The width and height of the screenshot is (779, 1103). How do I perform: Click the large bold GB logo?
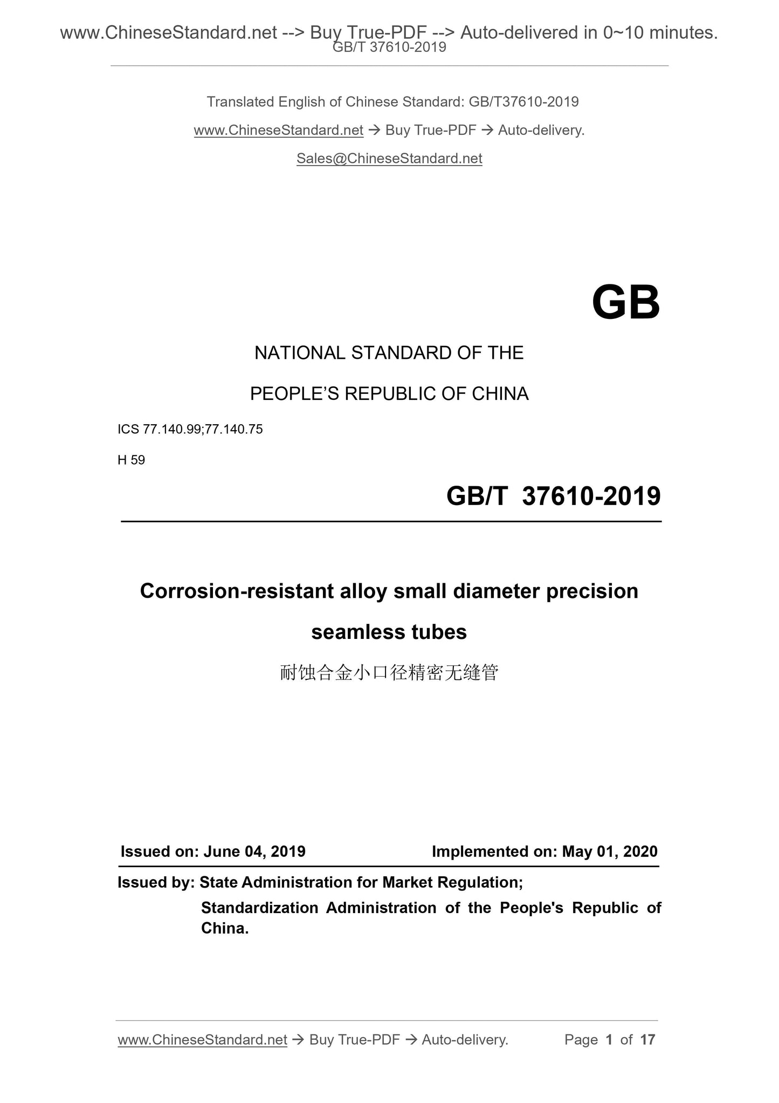625,303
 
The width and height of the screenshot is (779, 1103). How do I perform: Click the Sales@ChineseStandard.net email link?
389,159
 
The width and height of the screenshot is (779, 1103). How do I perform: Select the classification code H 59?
131,460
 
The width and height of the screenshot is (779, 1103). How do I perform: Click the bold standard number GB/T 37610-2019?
553,496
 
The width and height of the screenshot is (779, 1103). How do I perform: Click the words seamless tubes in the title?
389,632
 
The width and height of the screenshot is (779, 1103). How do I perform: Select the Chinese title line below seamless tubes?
389,673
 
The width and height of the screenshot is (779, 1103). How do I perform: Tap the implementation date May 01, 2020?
610,852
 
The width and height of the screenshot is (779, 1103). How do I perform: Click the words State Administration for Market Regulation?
361,882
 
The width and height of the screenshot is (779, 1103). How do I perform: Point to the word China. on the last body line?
225,928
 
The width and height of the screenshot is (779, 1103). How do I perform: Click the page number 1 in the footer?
609,1040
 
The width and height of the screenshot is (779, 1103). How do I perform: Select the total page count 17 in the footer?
647,1040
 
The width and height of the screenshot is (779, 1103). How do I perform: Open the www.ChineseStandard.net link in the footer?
202,1040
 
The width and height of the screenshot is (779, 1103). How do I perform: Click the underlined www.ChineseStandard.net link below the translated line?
278,131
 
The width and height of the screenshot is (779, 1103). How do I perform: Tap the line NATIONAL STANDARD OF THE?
389,353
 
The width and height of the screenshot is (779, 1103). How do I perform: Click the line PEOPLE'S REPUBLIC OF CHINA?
389,394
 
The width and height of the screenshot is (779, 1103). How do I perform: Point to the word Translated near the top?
240,102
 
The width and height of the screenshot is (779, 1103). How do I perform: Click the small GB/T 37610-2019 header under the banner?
389,47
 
